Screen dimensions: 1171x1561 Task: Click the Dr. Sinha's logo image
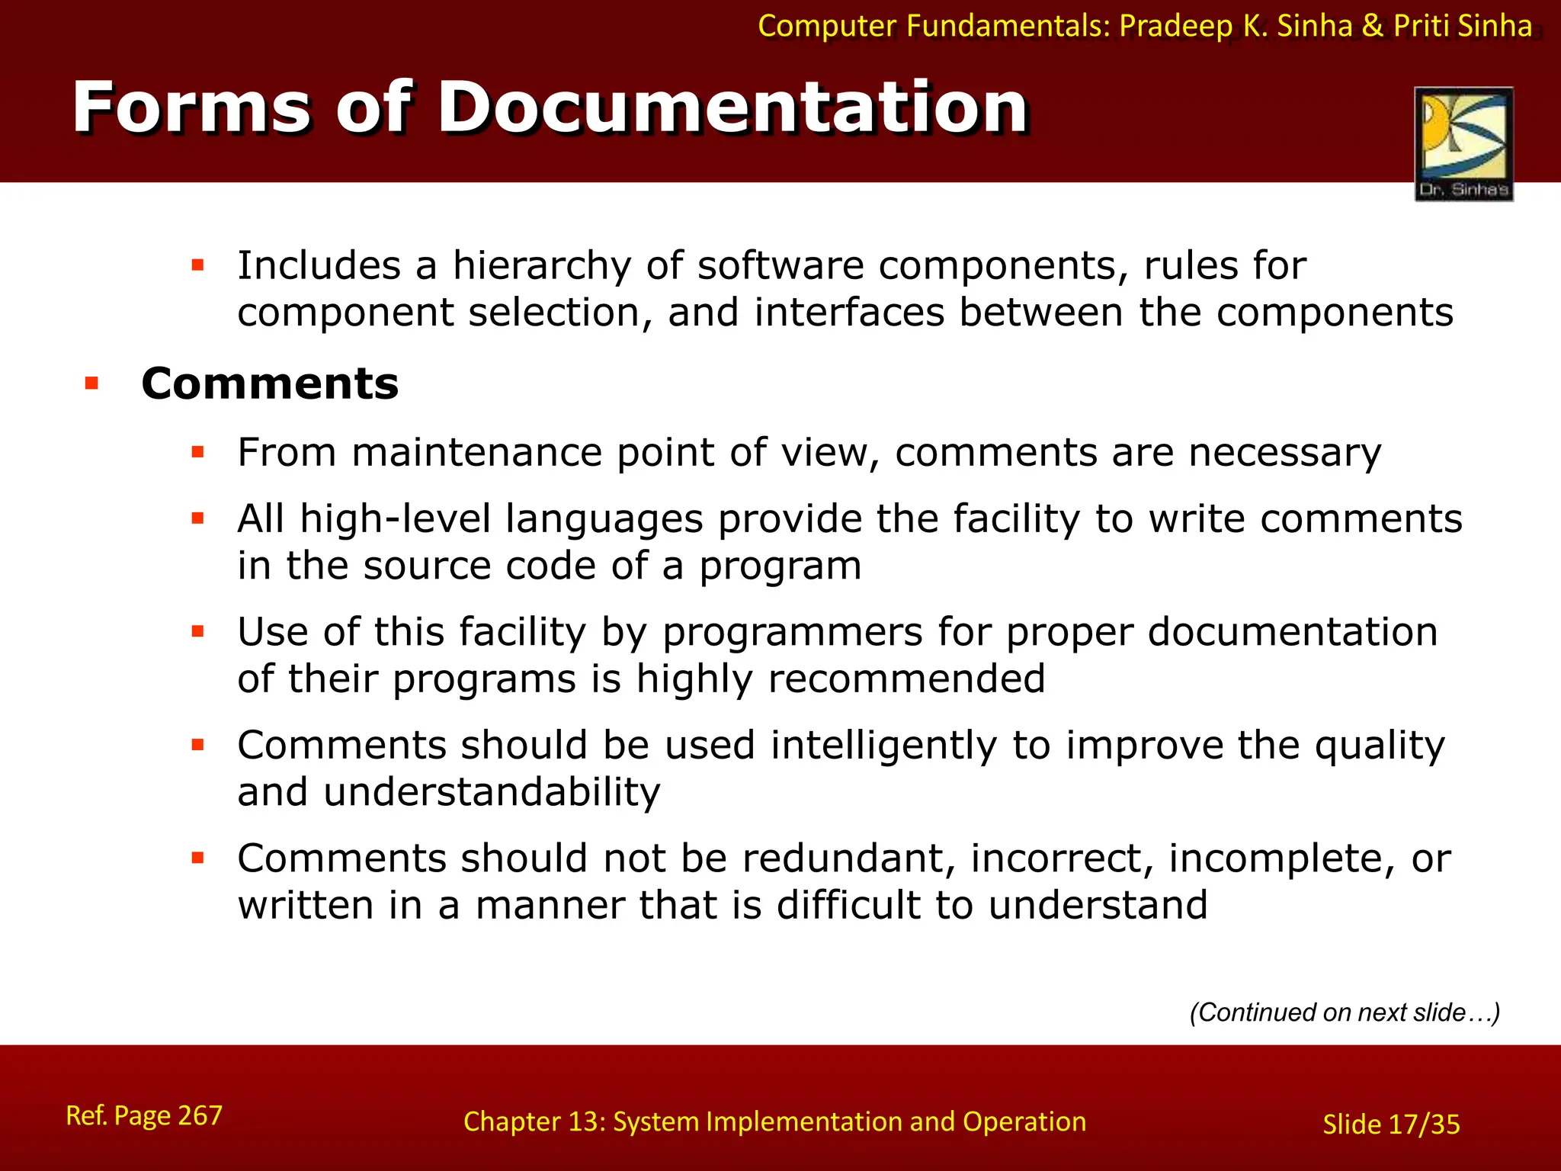(1463, 143)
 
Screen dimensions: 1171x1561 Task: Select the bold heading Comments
(270, 383)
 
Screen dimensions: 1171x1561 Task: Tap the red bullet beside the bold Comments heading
(92, 383)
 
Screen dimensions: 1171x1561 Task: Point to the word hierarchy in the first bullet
(542, 266)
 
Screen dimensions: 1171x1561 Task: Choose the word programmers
(793, 633)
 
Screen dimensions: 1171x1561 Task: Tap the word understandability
(492, 792)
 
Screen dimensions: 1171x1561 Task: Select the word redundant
(849, 858)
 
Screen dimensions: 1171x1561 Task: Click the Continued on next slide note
(1345, 1012)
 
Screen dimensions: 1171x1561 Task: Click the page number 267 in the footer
(200, 1115)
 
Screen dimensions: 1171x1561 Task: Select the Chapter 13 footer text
(774, 1121)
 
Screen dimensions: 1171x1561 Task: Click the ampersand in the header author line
(1372, 26)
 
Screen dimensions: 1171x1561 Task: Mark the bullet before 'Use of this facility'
(198, 631)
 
